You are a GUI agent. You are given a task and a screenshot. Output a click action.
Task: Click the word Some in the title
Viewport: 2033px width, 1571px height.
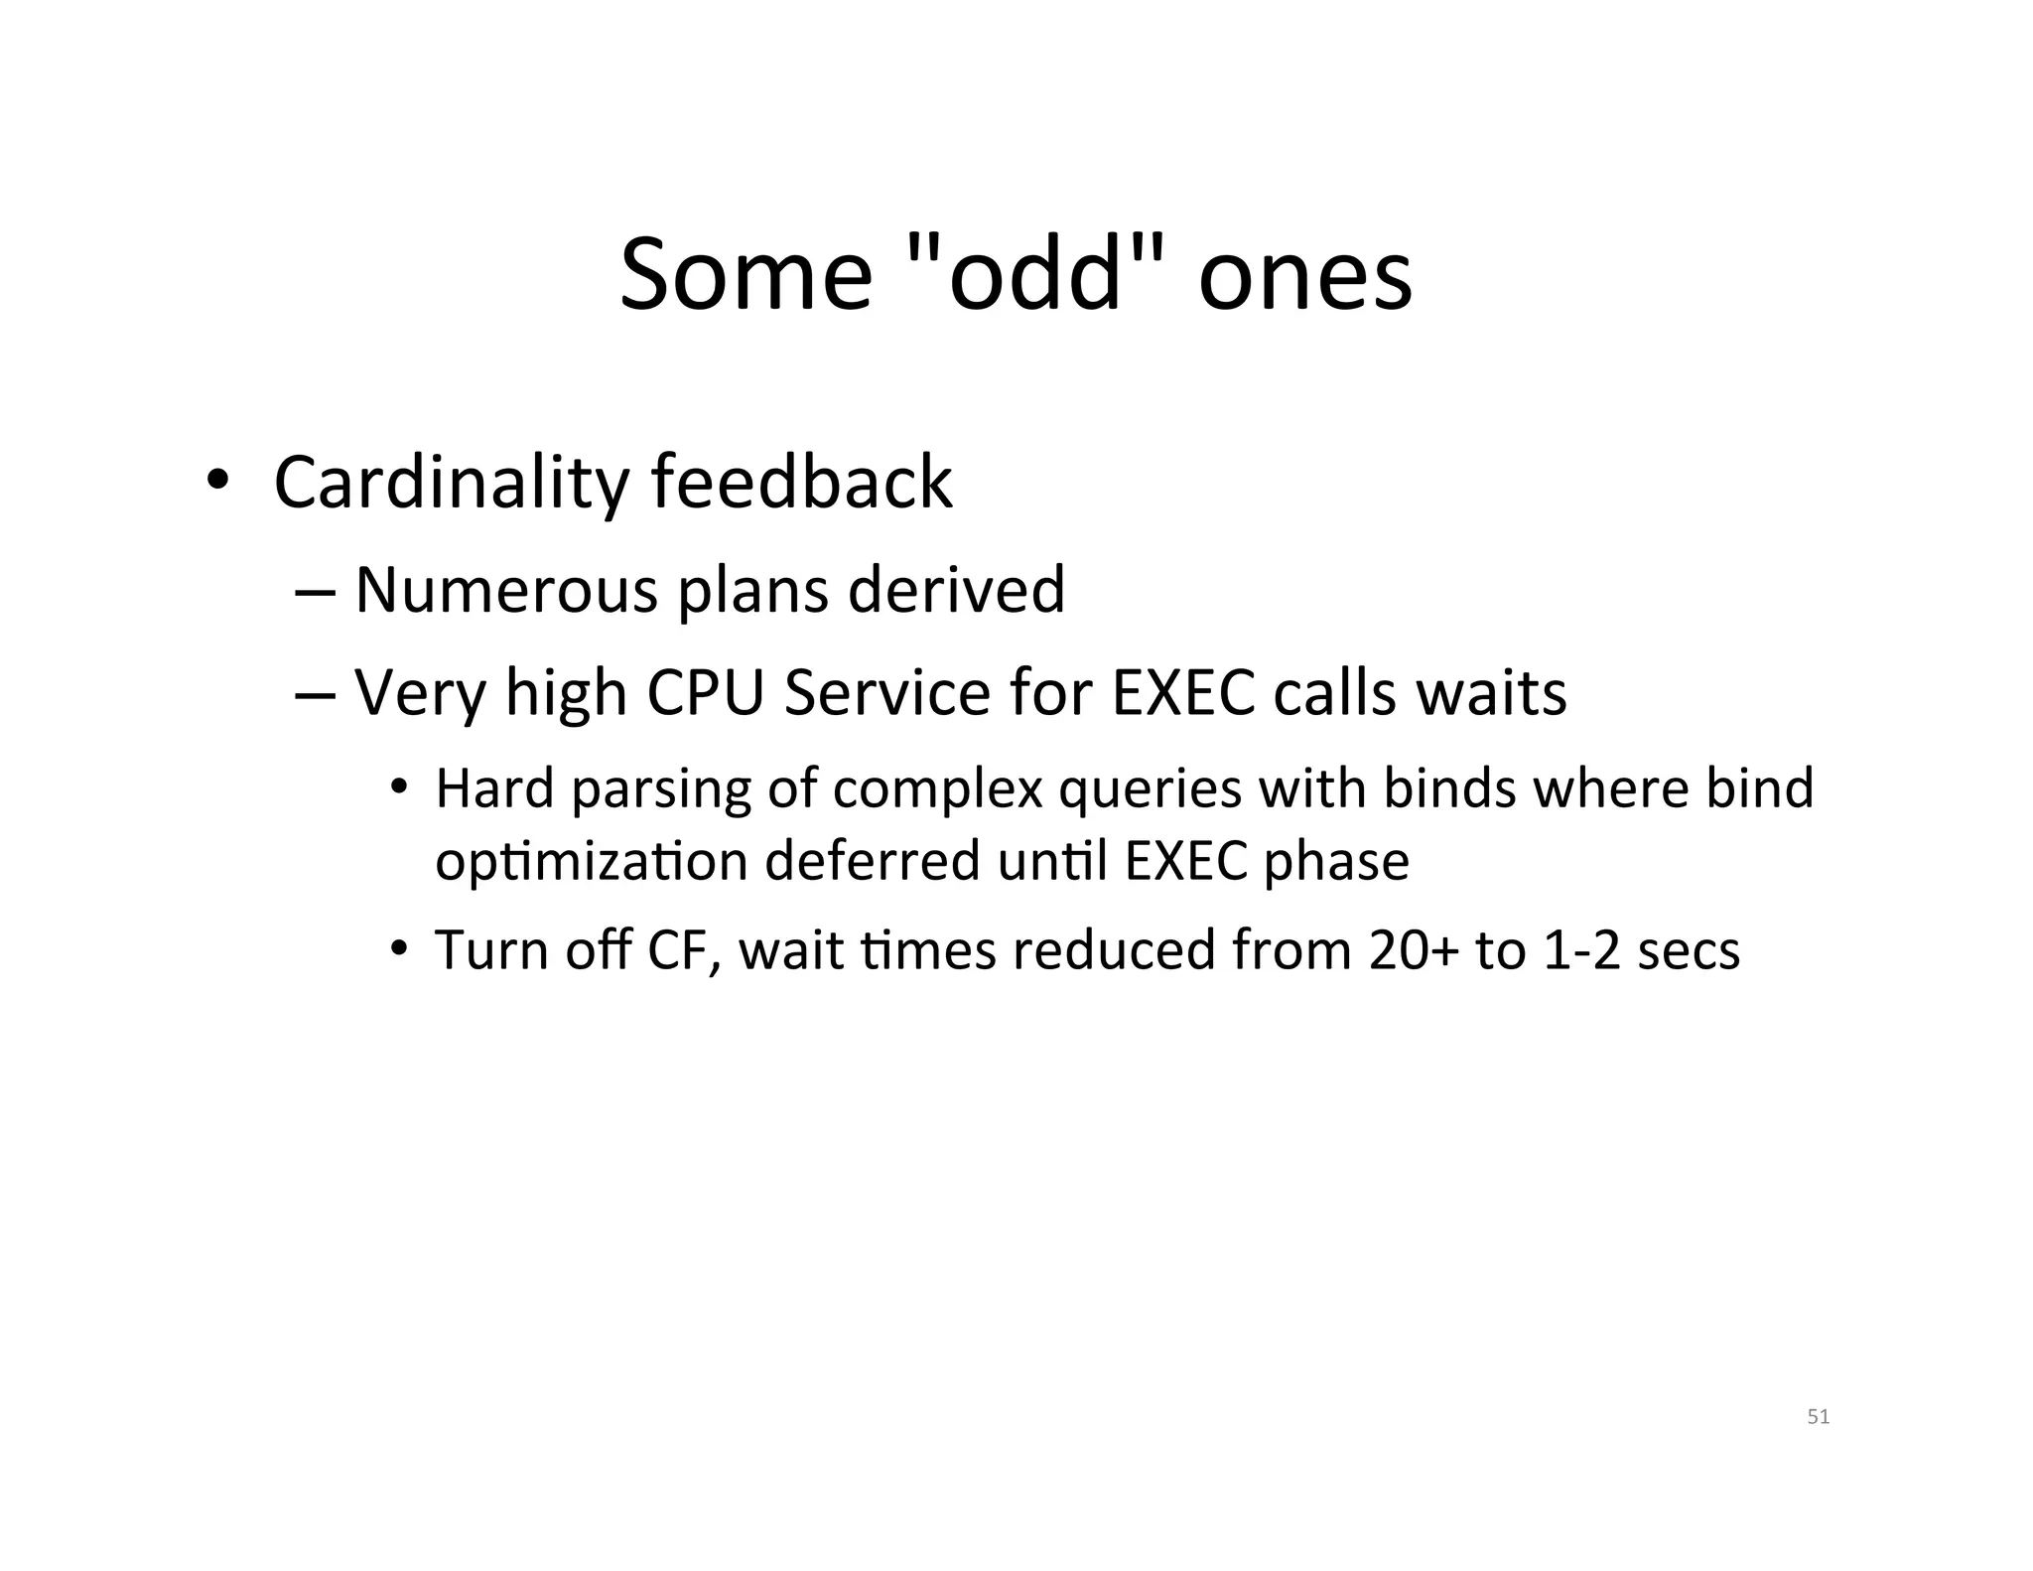(x=745, y=274)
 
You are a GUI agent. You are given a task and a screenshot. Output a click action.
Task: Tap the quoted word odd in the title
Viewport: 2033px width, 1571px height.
(x=1035, y=274)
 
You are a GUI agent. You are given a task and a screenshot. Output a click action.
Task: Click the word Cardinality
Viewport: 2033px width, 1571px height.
(x=451, y=485)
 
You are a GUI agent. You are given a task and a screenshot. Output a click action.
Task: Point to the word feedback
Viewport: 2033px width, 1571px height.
(x=802, y=483)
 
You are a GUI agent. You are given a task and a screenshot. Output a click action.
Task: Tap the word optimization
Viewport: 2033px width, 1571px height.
(x=592, y=862)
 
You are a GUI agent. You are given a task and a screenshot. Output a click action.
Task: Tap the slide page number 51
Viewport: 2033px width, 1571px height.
(x=1818, y=1417)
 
